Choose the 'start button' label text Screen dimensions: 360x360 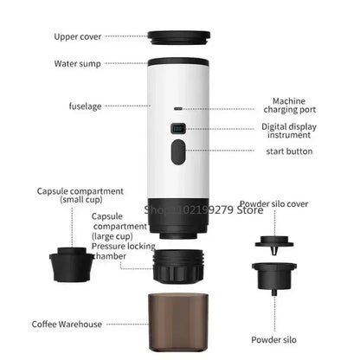(x=290, y=151)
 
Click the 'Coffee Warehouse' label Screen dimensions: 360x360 (x=67, y=325)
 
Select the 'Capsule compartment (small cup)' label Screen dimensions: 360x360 (x=80, y=196)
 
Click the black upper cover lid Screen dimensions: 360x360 (x=179, y=38)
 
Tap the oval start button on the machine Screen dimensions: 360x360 (x=178, y=153)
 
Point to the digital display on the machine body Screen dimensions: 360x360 (x=178, y=129)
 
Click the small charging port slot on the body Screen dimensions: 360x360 (x=178, y=110)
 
